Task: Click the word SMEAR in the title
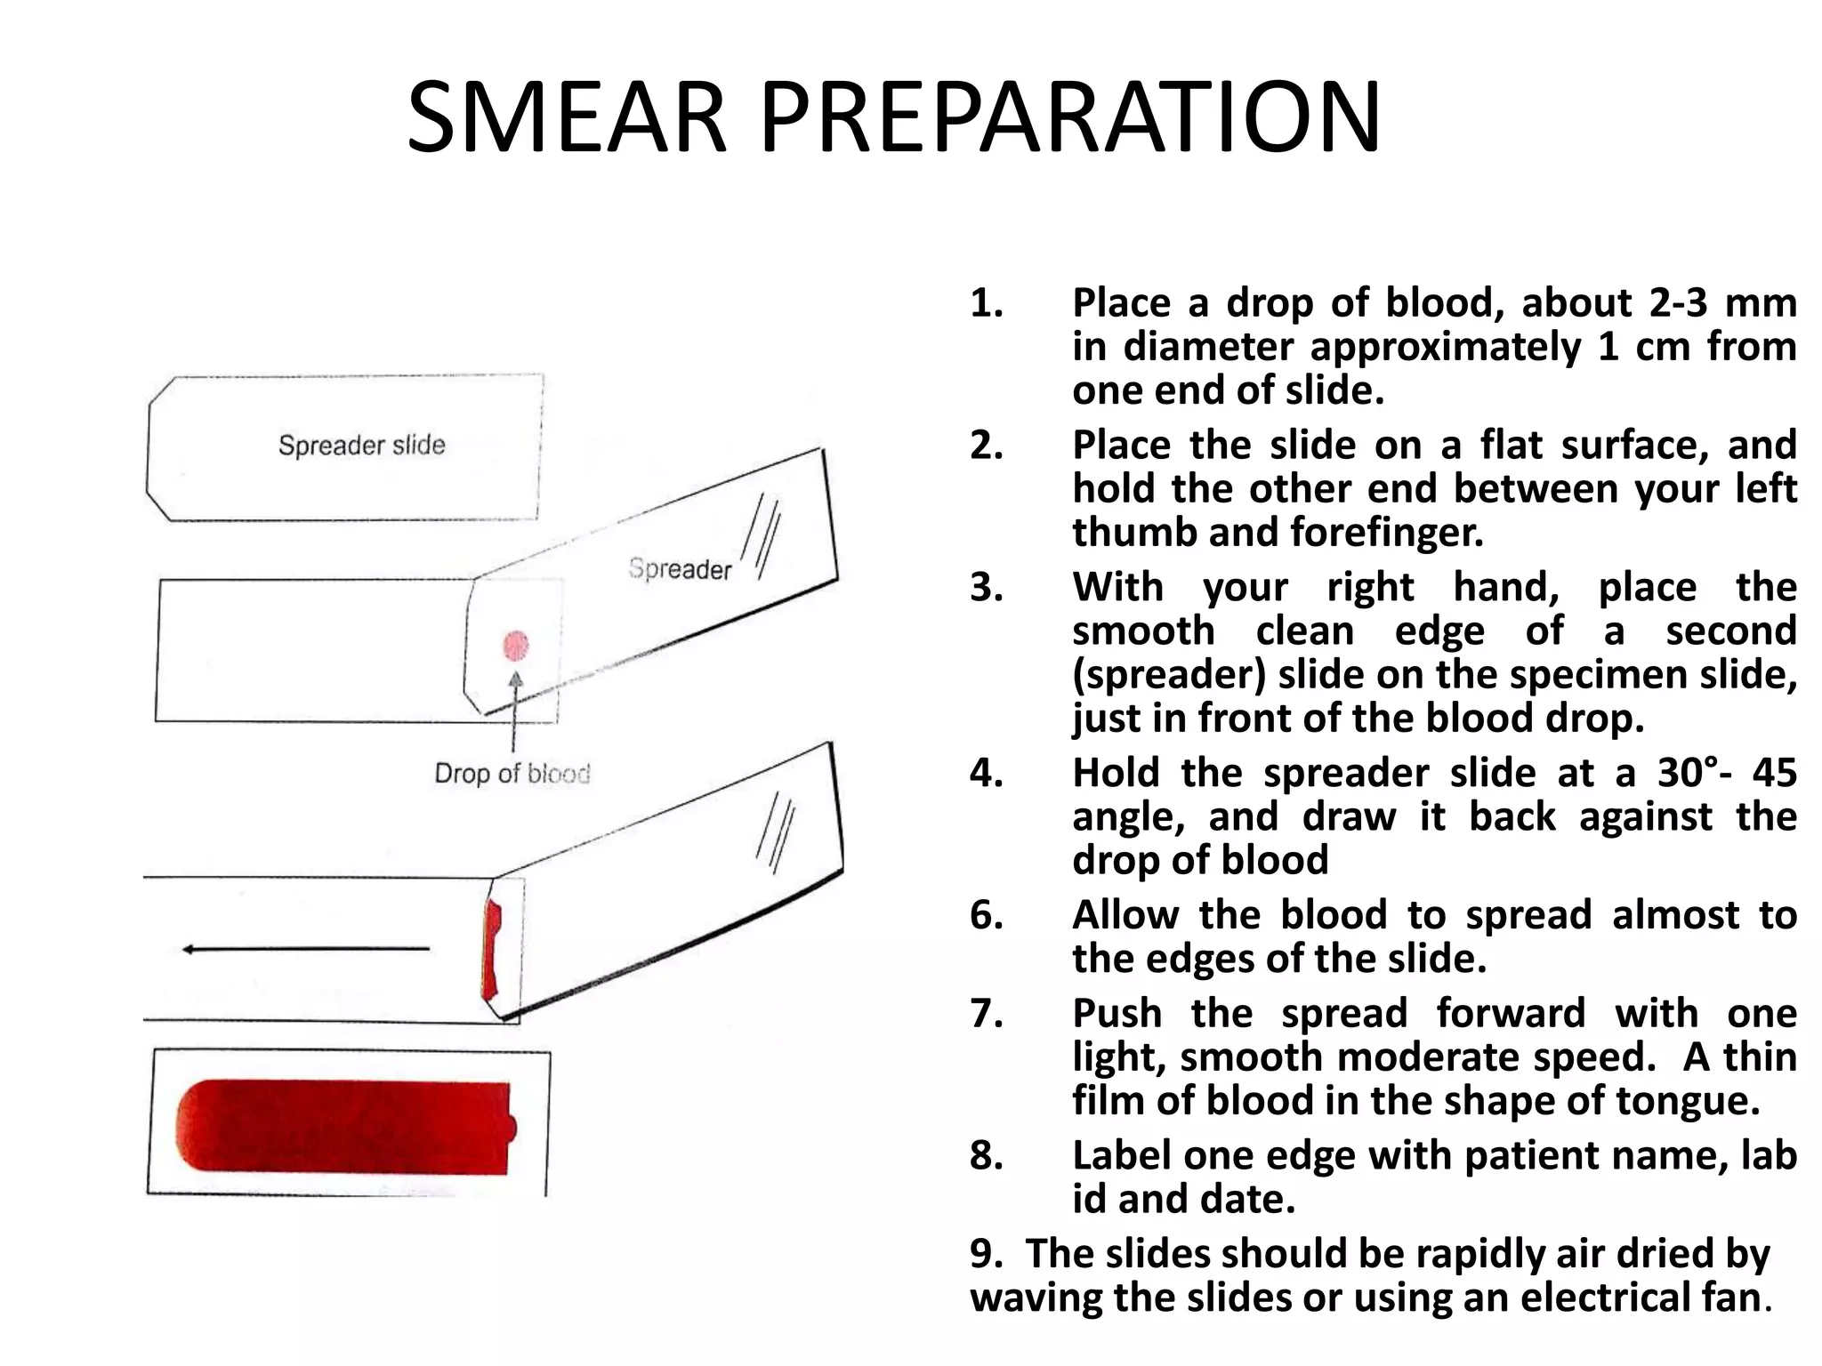567,118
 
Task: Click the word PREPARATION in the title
1070,118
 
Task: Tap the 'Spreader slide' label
361,445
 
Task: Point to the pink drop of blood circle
516,646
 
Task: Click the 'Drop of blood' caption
512,774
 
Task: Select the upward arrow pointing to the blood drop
514,711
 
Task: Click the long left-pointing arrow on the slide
305,949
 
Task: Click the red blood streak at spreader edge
491,948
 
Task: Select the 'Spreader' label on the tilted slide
680,568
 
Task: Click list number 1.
986,303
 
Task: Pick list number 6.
986,915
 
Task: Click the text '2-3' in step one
1678,303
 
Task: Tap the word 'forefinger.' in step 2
1387,533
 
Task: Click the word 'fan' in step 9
1735,1298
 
